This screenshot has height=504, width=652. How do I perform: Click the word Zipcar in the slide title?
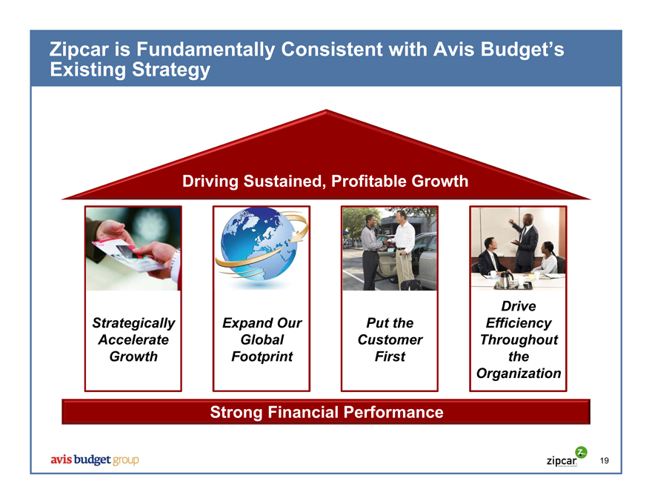pos(79,49)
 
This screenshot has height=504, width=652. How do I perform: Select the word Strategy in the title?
pos(171,70)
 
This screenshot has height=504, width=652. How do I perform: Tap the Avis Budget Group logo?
pos(95,460)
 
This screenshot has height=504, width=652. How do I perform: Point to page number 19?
pos(604,461)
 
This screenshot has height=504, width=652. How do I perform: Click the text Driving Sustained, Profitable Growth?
pos(325,182)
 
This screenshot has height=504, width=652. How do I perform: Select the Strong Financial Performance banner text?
pos(327,412)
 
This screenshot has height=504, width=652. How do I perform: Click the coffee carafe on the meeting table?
pos(505,279)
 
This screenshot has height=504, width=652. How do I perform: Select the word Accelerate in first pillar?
pos(133,339)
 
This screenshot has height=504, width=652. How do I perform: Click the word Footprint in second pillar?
pos(262,357)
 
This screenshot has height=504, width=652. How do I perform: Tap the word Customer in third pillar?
pos(390,339)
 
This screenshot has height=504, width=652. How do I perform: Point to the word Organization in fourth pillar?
pos(519,374)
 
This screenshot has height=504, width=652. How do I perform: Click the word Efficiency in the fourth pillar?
pos(519,323)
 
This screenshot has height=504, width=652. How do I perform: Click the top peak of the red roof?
pos(326,110)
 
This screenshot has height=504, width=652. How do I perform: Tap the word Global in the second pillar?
pos(262,339)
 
